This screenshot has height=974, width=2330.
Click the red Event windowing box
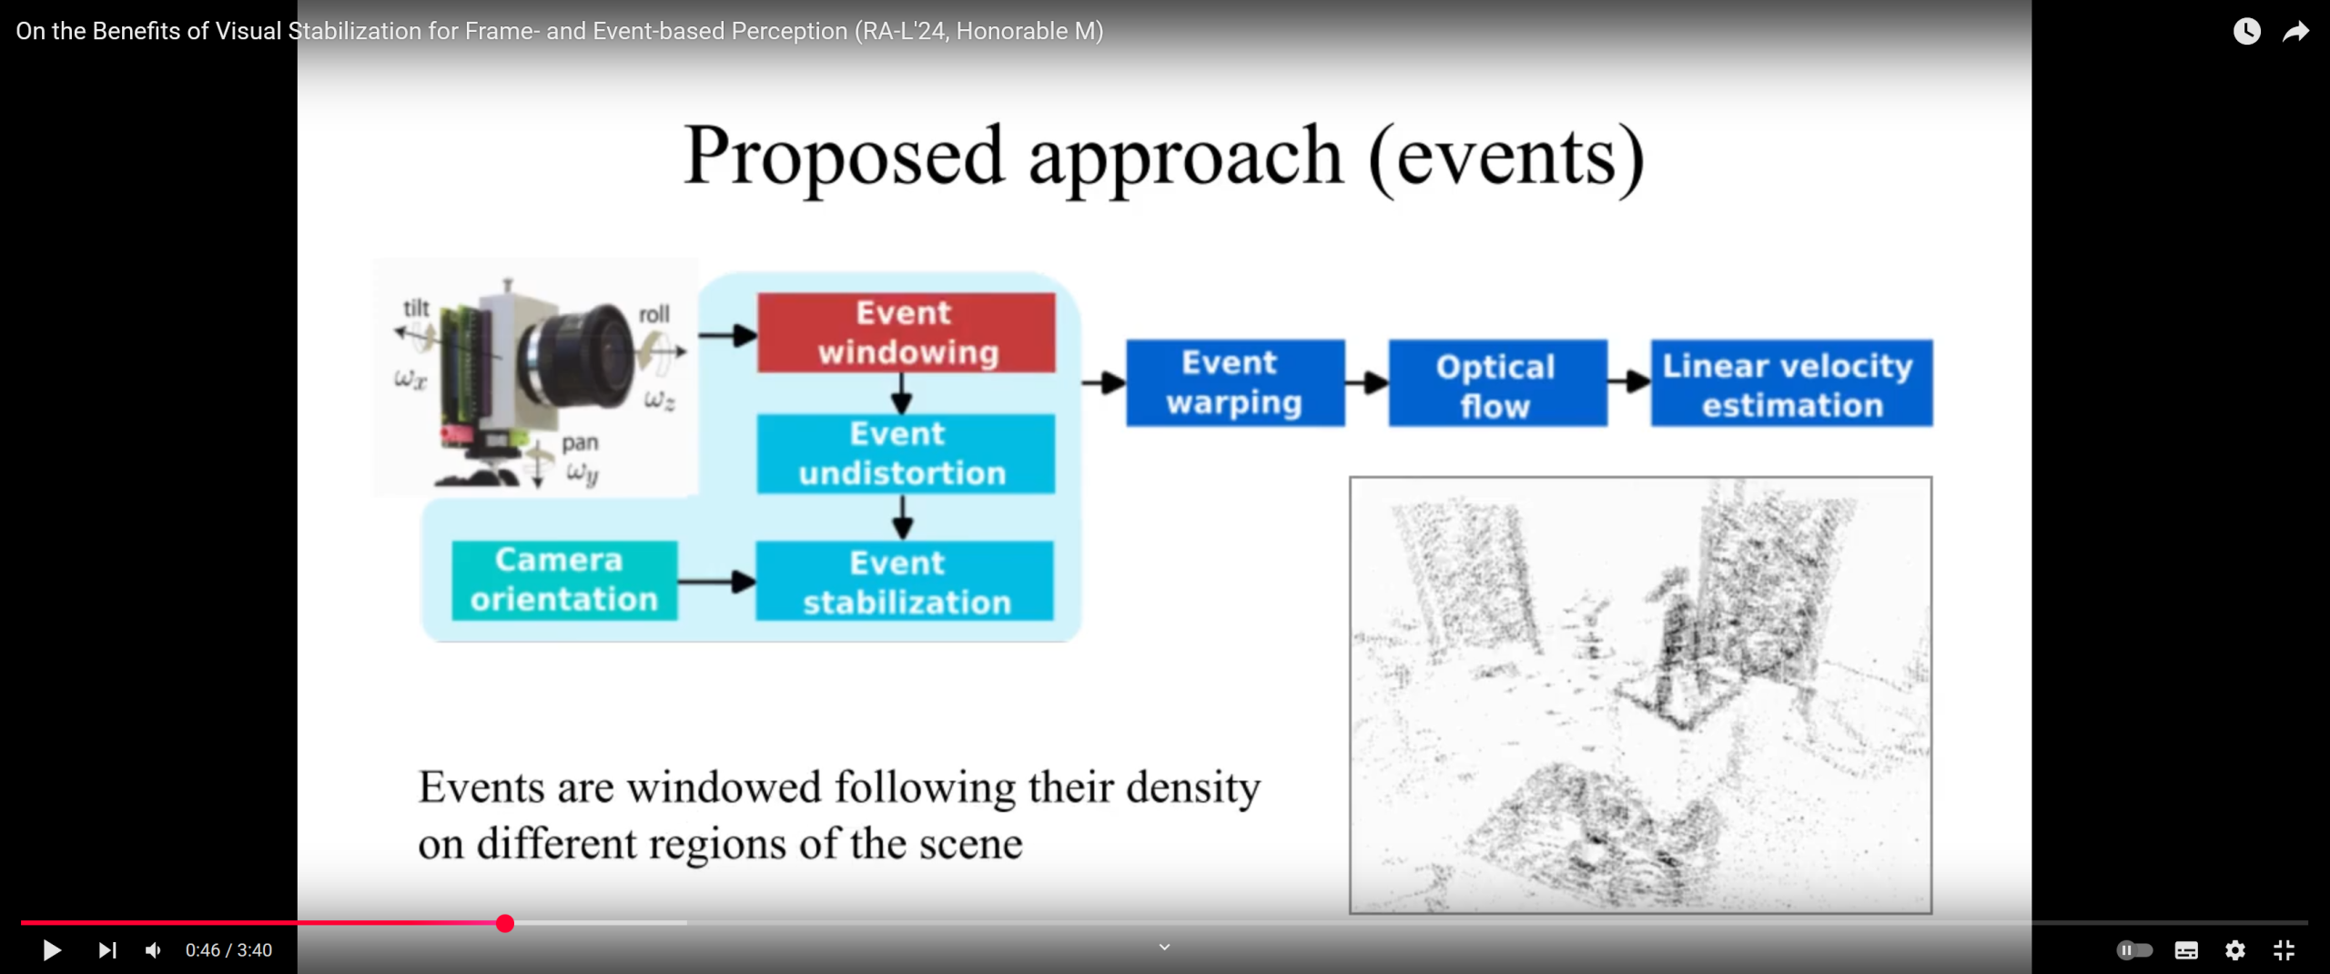pyautogui.click(x=907, y=332)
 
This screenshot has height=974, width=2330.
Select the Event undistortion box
pyautogui.click(x=906, y=453)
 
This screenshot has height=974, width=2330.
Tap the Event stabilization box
pyautogui.click(x=905, y=581)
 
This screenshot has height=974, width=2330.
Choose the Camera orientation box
pyautogui.click(x=564, y=580)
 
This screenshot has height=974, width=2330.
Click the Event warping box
pyautogui.click(x=1235, y=382)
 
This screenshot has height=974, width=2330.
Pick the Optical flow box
pyautogui.click(x=1497, y=382)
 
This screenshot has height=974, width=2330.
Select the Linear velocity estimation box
pyautogui.click(x=1791, y=382)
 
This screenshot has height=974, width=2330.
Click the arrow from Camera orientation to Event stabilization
pyautogui.click(x=717, y=581)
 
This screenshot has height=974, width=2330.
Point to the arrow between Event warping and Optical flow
pyautogui.click(x=1366, y=383)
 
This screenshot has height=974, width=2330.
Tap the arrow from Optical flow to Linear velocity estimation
pyautogui.click(x=1629, y=382)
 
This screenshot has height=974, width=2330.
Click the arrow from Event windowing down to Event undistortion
pyautogui.click(x=902, y=393)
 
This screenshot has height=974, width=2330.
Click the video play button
pyautogui.click(x=52, y=950)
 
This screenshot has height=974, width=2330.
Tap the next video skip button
pyautogui.click(x=107, y=950)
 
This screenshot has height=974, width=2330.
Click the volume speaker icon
pyautogui.click(x=153, y=950)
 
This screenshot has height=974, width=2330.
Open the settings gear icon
pyautogui.click(x=2235, y=950)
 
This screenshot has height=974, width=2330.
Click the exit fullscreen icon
pyautogui.click(x=2284, y=950)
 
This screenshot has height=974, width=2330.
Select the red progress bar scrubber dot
pyautogui.click(x=505, y=923)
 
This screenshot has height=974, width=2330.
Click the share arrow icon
pyautogui.click(x=2295, y=31)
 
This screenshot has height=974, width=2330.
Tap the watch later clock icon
pyautogui.click(x=2246, y=31)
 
